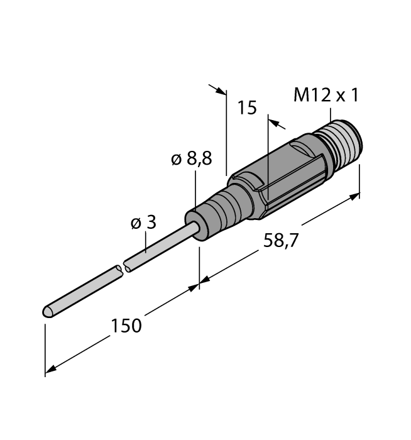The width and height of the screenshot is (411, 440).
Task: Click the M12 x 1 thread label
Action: pyautogui.click(x=326, y=95)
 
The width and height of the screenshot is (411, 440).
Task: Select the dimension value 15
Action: pyautogui.click(x=247, y=107)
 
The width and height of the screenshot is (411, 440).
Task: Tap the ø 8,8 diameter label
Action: pyautogui.click(x=192, y=159)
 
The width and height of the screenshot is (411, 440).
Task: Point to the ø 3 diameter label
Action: pyautogui.click(x=143, y=223)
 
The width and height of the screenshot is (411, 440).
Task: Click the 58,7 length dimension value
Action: pyautogui.click(x=280, y=241)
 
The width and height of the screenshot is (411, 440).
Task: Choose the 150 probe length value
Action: pyautogui.click(x=126, y=326)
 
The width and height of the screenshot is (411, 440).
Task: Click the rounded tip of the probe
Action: pyautogui.click(x=48, y=312)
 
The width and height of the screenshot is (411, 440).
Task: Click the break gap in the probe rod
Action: pyautogui.click(x=123, y=268)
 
